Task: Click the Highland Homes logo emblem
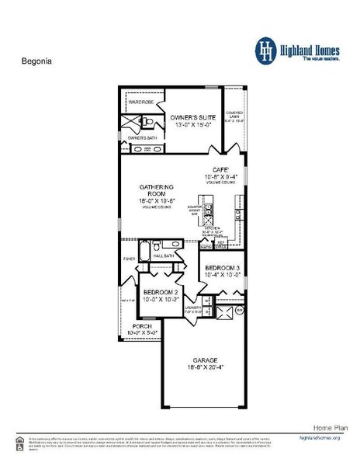(267, 50)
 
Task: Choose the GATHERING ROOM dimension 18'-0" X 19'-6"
(157, 201)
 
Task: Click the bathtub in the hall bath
(174, 244)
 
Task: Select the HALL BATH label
(164, 255)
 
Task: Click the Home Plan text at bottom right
(327, 428)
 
